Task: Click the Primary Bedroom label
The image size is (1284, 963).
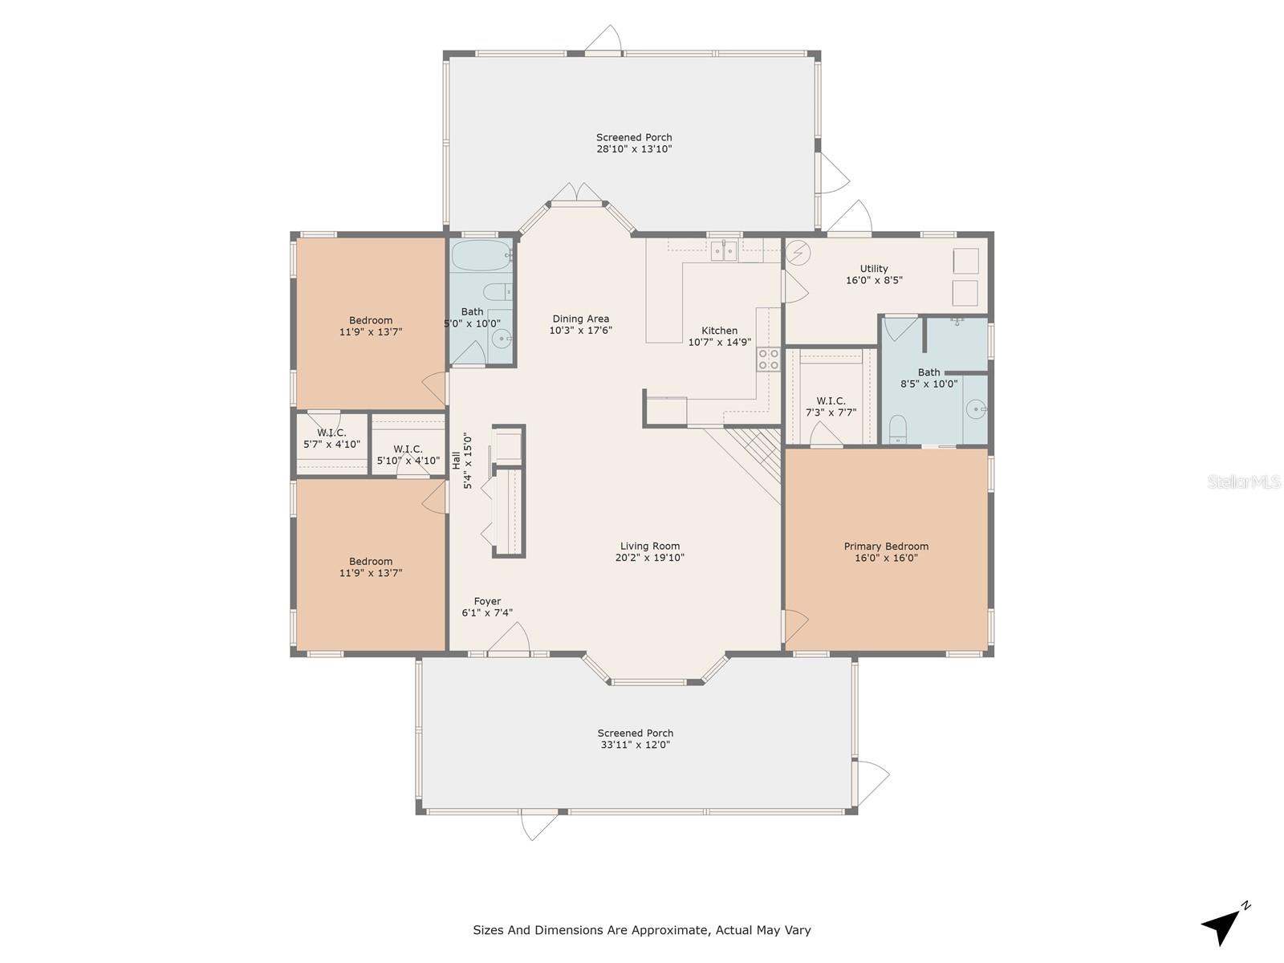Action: tap(886, 547)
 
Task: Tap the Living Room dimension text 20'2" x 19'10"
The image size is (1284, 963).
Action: tap(649, 557)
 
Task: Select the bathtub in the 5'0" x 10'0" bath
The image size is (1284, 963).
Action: tap(481, 255)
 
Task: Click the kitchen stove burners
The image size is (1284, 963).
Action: tap(769, 359)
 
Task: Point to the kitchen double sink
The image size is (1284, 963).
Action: tap(724, 250)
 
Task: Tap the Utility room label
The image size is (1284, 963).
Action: tap(873, 268)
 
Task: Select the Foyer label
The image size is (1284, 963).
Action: tap(486, 601)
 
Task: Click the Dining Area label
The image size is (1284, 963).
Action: tap(580, 319)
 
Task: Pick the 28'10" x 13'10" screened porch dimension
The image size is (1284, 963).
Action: tap(634, 148)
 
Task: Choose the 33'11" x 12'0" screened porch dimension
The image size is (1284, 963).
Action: tap(636, 745)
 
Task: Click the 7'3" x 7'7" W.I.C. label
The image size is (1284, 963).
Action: tap(831, 400)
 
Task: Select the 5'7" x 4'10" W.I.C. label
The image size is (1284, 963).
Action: tap(331, 433)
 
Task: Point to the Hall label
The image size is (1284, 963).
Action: tap(456, 461)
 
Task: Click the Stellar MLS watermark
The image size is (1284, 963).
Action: tap(1244, 481)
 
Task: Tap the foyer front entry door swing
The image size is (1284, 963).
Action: tap(509, 636)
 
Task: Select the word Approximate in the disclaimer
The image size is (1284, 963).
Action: tap(672, 930)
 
